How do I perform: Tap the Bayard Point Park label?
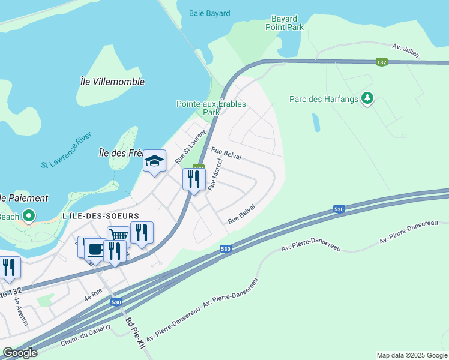pos(285,23)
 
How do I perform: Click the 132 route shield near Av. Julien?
pos(382,62)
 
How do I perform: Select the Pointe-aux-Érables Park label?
pos(211,107)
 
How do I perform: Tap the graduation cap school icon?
pos(154,160)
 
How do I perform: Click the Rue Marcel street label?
pos(215,175)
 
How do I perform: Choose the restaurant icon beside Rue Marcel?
pos(194,178)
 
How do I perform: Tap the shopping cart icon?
pos(118,236)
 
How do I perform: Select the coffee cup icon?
pos(94,249)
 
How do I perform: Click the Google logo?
pos(20,352)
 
